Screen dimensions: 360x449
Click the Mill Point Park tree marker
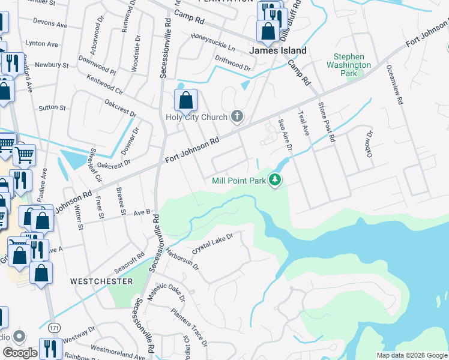click(275, 179)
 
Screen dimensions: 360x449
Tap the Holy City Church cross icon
click(238, 116)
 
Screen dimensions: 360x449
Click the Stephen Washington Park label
click(349, 65)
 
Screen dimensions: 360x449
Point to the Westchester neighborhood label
click(101, 281)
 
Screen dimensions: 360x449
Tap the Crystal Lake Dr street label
click(212, 243)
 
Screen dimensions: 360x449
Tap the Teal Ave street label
click(303, 122)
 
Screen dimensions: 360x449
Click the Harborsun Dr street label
click(182, 259)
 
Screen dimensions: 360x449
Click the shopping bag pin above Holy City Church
click(185, 101)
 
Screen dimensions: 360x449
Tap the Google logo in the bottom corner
click(20, 353)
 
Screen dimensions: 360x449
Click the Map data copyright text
click(411, 355)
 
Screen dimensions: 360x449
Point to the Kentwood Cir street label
click(105, 85)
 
